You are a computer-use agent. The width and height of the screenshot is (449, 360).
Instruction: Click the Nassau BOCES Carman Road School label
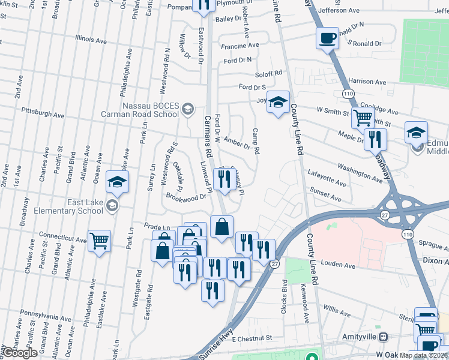tap(151, 110)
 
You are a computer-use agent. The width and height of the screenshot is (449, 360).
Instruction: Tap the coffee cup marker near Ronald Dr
tap(327, 38)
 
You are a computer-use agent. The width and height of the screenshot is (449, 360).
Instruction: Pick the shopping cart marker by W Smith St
tap(363, 118)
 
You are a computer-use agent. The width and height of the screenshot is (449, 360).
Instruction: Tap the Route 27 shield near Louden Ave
tap(274, 263)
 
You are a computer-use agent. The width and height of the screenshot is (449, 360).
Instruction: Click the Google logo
tap(20, 352)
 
